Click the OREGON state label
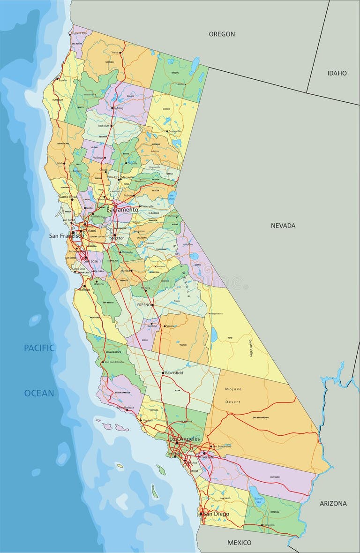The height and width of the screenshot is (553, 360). click(222, 34)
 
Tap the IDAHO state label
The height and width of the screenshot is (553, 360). click(337, 73)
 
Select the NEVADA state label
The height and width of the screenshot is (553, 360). click(283, 226)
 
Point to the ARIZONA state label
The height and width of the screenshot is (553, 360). click(333, 503)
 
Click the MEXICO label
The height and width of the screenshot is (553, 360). click(240, 543)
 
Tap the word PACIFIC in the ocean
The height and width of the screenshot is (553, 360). click(39, 348)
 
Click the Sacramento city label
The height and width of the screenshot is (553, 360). click(122, 210)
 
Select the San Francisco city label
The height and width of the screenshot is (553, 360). click(66, 236)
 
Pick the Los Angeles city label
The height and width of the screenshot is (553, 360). click(184, 439)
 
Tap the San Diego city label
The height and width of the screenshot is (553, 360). click(216, 514)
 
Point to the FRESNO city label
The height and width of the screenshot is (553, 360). click(143, 305)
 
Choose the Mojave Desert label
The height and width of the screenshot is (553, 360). click(232, 395)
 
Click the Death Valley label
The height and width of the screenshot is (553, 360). click(251, 348)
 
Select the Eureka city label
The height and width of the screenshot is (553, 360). click(63, 80)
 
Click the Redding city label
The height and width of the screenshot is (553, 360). click(118, 108)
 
